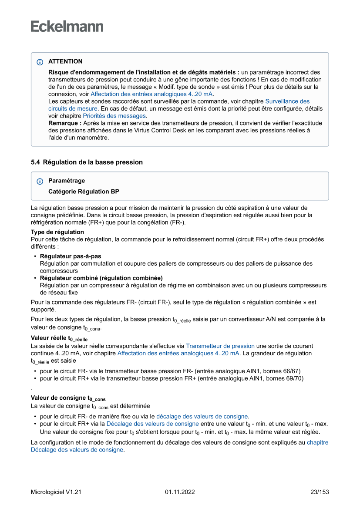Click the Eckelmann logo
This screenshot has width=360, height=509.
[67, 26]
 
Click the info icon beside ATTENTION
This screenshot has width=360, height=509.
[40, 62]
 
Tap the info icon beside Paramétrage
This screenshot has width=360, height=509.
[40, 181]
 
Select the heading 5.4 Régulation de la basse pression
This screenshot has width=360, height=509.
[87, 162]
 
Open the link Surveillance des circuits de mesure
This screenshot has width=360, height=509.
[287, 101]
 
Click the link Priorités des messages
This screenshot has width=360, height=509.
[114, 116]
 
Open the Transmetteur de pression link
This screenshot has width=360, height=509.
[220, 346]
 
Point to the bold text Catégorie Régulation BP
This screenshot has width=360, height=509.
[84, 191]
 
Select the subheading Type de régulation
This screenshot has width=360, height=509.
[57, 232]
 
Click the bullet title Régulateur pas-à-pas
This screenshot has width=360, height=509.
[71, 256]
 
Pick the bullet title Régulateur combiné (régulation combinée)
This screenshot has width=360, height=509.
[101, 278]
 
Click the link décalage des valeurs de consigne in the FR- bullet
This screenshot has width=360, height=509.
[202, 416]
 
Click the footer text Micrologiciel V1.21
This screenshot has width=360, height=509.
[56, 492]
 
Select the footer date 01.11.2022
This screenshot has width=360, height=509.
[180, 492]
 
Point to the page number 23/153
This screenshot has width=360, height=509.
[319, 492]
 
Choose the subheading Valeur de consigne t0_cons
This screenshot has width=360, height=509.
[68, 398]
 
